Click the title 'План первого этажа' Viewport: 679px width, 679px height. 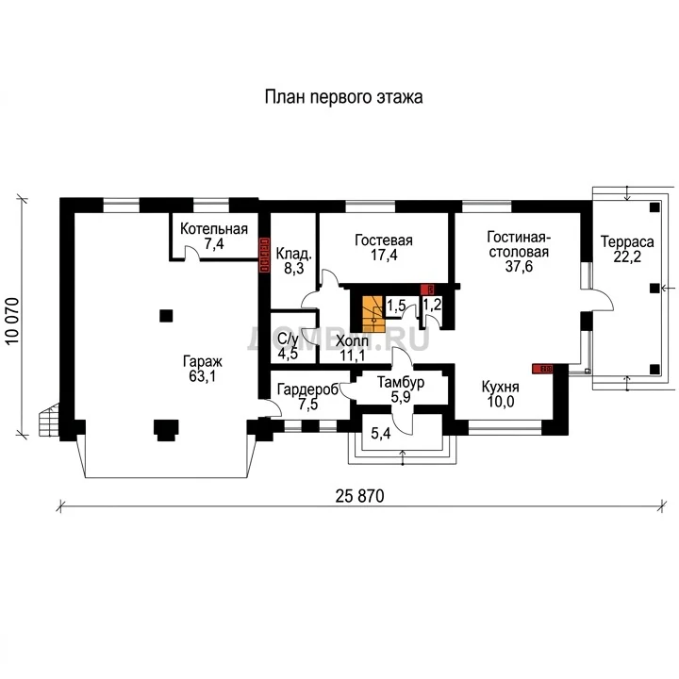point(343,97)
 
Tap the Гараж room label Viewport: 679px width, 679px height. point(202,369)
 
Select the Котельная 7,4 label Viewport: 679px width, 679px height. point(214,236)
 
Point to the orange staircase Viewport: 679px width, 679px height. point(373,314)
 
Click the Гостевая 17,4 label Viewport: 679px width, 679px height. point(384,247)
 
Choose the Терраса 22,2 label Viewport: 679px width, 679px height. point(627,249)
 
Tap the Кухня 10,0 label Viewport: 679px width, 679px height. point(501,394)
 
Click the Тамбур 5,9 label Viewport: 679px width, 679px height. point(401,389)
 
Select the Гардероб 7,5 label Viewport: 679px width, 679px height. point(307,397)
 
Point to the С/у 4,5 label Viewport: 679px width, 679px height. point(288,346)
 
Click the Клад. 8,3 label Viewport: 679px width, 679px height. point(294,260)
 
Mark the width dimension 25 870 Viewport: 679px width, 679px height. point(359,496)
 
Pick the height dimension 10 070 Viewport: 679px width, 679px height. point(13,322)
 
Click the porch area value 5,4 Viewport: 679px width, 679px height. point(381,433)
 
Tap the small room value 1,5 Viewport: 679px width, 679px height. point(396,306)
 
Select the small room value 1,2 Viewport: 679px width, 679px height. point(432,305)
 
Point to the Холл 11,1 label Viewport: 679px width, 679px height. point(352,348)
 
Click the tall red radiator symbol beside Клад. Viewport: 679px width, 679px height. point(264,256)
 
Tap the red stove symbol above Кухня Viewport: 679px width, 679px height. point(543,369)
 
